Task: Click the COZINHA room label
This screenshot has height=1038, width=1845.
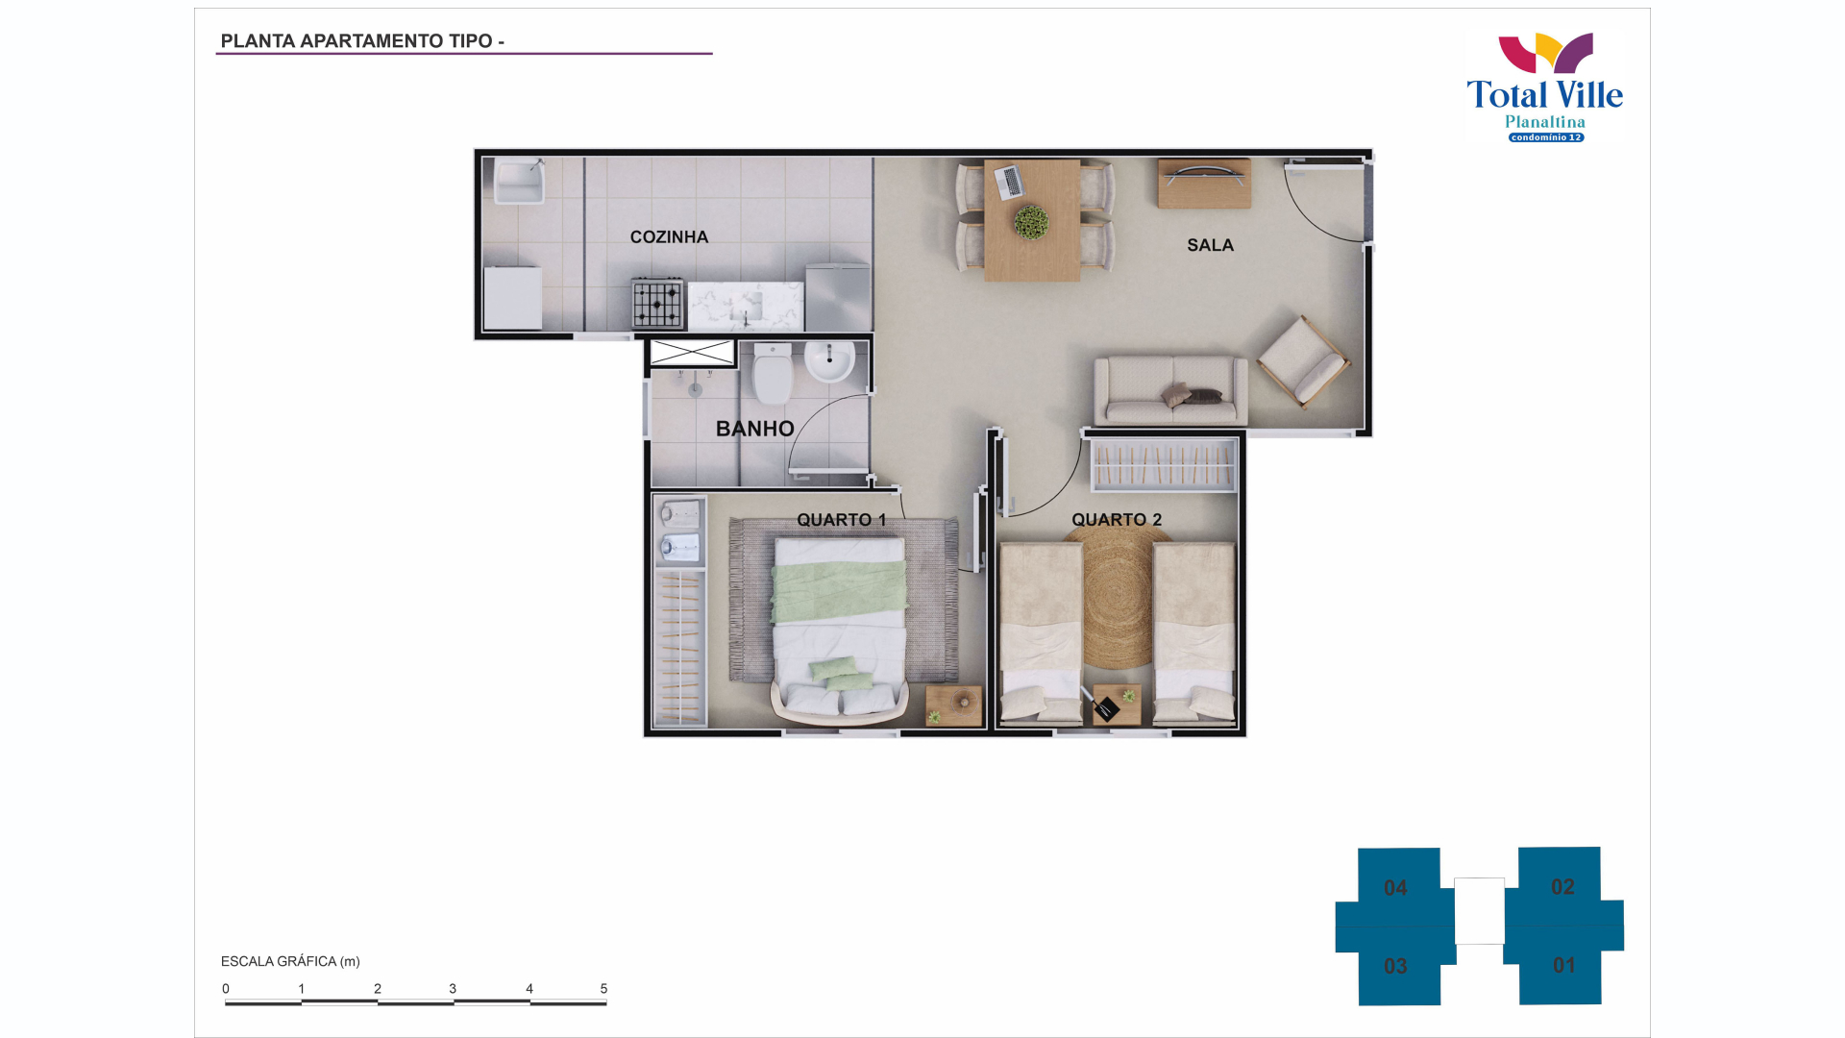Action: click(669, 237)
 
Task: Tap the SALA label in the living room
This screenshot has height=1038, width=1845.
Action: click(1210, 246)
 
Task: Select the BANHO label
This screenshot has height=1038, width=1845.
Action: click(755, 430)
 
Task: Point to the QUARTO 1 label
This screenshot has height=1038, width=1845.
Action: click(842, 520)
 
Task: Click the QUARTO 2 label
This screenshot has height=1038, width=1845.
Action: click(1117, 520)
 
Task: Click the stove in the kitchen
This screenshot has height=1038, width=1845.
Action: click(658, 304)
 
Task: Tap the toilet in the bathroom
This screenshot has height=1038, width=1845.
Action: click(773, 374)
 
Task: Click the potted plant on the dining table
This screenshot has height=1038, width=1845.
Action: click(1031, 223)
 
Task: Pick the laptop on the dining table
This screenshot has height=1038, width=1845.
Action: click(1010, 182)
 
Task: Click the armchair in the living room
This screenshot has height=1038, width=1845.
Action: click(1304, 361)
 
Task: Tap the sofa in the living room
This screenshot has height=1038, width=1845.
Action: click(1171, 390)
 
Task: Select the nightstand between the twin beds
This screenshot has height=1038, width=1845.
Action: click(1117, 704)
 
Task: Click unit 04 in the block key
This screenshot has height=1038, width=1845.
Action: click(1396, 888)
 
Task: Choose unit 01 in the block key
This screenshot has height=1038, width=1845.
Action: click(1564, 965)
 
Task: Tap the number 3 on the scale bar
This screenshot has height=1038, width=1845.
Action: click(453, 989)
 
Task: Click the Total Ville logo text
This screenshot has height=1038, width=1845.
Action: click(1545, 95)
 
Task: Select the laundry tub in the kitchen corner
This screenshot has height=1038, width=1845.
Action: click(519, 182)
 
